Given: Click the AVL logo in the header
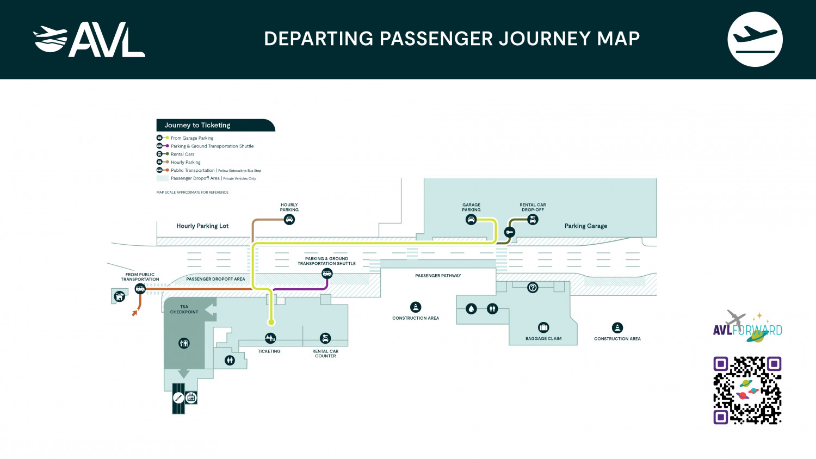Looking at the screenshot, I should click(89, 40).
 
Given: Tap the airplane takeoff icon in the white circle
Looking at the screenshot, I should click(755, 40).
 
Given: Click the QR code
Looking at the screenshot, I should click(747, 390).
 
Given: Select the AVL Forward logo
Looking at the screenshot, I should click(747, 327).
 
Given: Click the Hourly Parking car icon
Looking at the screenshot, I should click(289, 220).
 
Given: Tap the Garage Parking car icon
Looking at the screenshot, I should click(471, 220).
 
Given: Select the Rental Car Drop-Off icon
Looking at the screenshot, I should click(533, 220).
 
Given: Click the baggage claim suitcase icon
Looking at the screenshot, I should click(543, 327).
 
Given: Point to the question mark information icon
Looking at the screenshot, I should click(533, 287).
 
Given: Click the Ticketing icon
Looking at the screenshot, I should click(270, 338).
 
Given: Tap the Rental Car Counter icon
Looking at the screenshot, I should click(325, 338).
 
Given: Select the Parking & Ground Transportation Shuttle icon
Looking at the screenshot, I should click(327, 274).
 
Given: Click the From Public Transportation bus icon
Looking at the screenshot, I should click(140, 289).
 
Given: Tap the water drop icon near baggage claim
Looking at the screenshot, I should click(472, 309).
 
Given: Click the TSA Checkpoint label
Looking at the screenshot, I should click(184, 309).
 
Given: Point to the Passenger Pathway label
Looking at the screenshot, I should click(438, 276).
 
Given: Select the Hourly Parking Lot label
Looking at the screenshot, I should click(202, 226).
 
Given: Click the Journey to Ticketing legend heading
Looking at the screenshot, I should click(197, 125).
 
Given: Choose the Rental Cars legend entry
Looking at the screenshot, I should click(182, 154).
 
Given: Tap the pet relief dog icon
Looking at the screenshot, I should click(119, 296).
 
